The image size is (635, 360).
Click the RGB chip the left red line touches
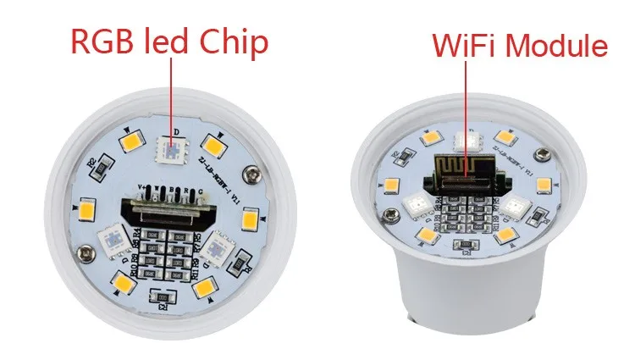pyautogui.click(x=169, y=151)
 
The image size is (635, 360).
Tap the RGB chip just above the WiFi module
pyautogui.click(x=464, y=142)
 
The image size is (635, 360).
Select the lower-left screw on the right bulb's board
pyautogui.click(x=391, y=213)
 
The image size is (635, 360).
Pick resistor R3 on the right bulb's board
pyautogui.click(x=465, y=246)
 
